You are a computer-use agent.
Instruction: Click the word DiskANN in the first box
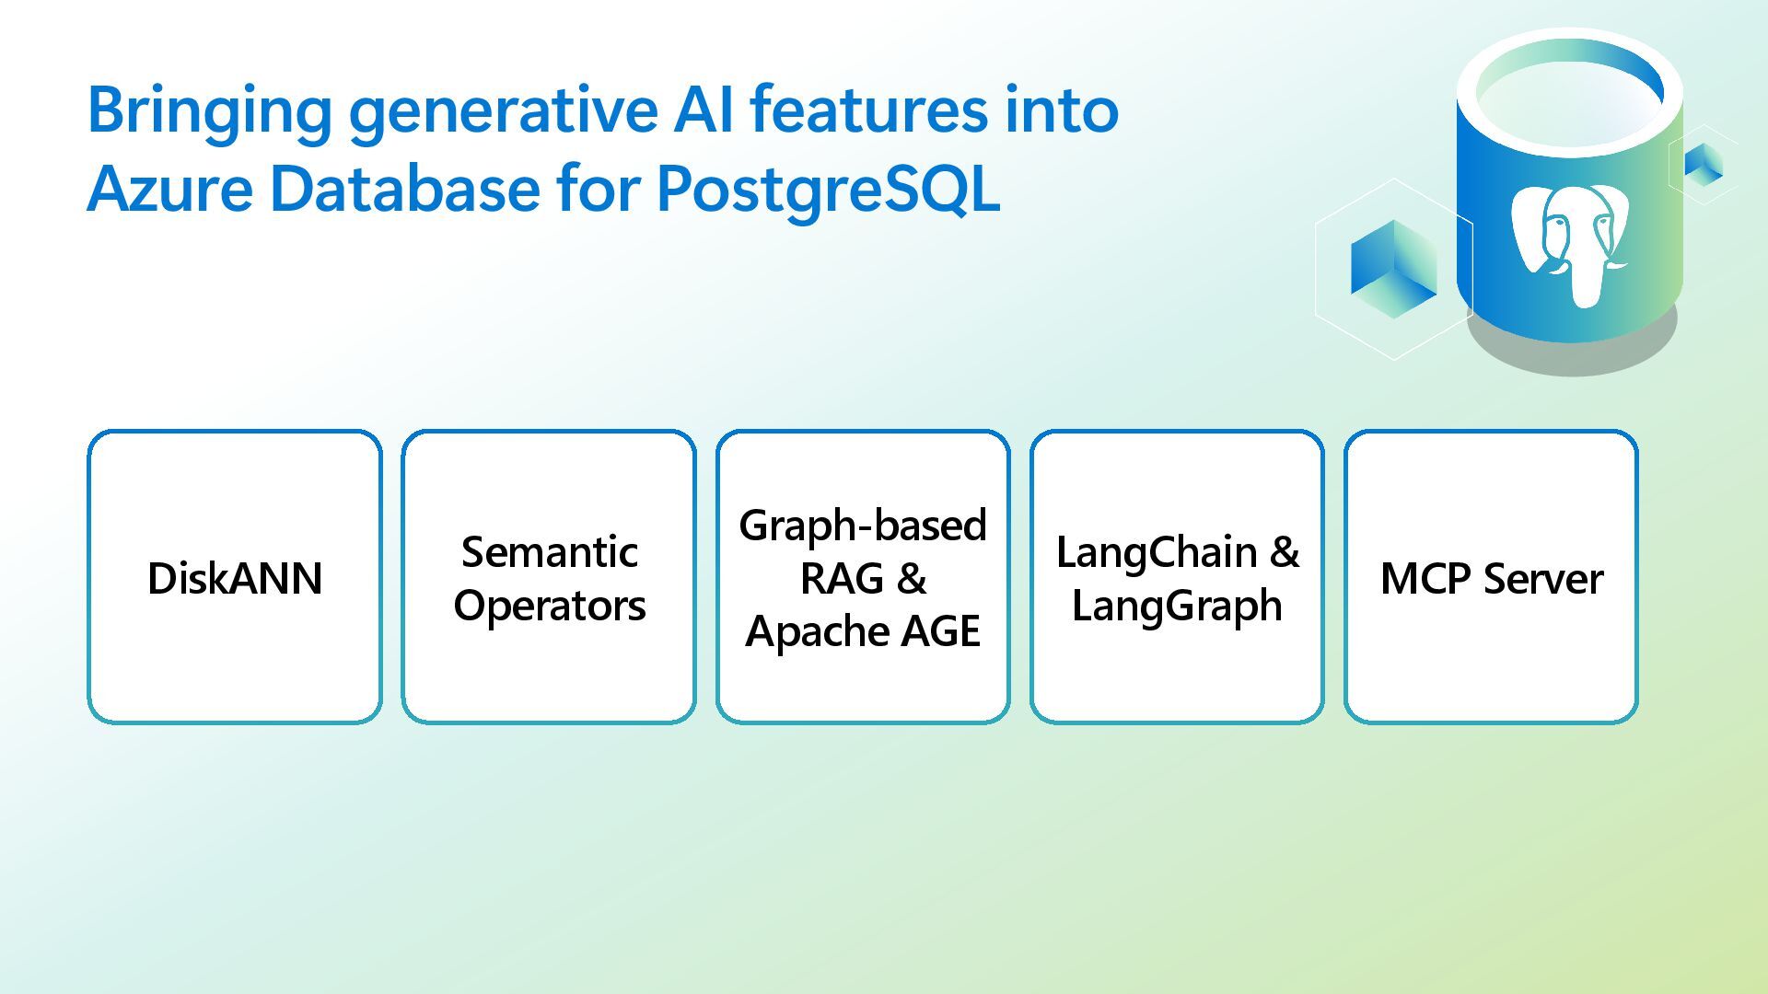tap(235, 579)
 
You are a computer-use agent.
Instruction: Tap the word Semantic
tap(549, 552)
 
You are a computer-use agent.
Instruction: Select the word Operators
tap(549, 606)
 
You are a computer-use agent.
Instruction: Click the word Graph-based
tap(863, 526)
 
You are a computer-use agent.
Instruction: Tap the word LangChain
tap(1157, 552)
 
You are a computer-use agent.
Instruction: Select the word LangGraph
tap(1177, 606)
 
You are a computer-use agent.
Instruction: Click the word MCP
tap(1426, 579)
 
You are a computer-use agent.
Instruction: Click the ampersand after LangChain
tap(1285, 552)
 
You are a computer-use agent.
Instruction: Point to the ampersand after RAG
tap(911, 579)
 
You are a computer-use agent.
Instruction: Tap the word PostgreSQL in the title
tap(828, 190)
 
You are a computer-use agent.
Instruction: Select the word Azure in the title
tap(169, 190)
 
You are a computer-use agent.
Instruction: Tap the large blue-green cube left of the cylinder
tap(1393, 269)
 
